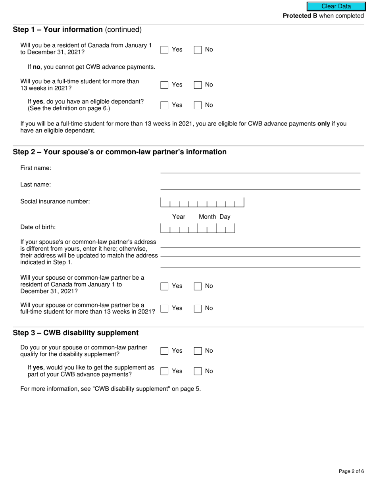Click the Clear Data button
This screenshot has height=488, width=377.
point(336,6)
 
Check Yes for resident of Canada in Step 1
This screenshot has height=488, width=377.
point(164,50)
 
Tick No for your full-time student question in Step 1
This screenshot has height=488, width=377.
point(198,85)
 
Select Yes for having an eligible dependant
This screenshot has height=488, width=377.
point(164,105)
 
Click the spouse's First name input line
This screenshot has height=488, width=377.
point(260,169)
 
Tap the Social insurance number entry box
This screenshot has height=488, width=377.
point(202,203)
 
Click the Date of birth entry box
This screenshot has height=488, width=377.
point(197,228)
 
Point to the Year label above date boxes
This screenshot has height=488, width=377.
point(179,217)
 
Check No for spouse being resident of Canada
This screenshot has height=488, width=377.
point(198,286)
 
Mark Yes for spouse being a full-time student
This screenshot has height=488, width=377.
point(164,309)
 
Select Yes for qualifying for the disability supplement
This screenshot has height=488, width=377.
point(164,351)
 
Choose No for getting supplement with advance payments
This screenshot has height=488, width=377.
point(198,371)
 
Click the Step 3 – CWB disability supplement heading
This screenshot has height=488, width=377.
point(76,333)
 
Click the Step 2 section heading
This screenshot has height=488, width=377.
point(119,152)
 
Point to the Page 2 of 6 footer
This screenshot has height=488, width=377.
point(351,471)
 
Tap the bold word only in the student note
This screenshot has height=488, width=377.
point(324,124)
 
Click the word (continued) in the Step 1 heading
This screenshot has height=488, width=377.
point(123,30)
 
